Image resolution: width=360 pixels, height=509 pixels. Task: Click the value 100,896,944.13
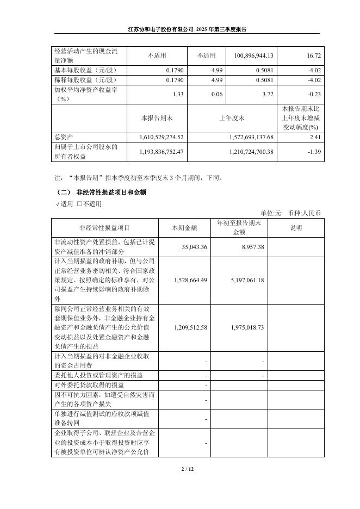253,56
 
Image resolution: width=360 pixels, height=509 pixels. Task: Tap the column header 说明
296,228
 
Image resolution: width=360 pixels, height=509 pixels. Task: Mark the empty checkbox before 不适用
79,204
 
